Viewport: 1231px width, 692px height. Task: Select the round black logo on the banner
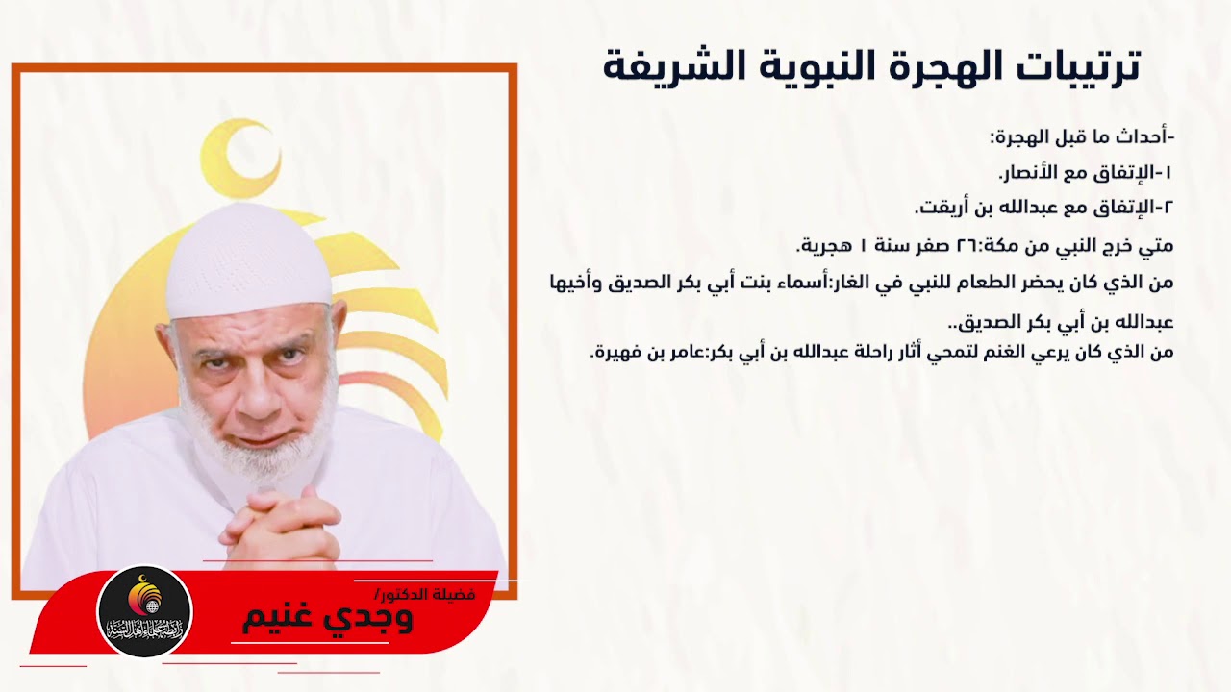coord(145,612)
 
